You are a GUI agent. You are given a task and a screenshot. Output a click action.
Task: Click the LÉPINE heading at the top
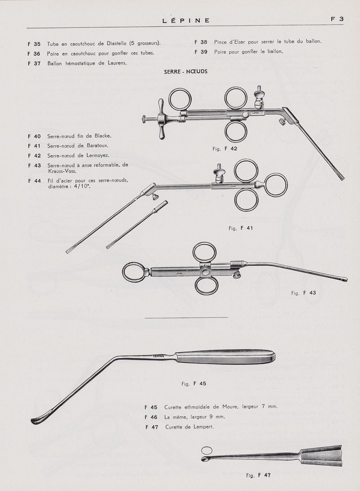click(x=186, y=21)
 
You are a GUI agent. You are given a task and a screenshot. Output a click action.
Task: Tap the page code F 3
click(x=337, y=19)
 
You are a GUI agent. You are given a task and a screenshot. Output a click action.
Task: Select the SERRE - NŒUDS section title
click(x=186, y=71)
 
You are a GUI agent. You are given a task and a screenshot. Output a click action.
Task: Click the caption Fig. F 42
click(x=225, y=149)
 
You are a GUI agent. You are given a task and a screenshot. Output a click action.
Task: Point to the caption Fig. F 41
click(x=241, y=228)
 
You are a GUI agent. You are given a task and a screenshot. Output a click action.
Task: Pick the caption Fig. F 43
click(x=304, y=293)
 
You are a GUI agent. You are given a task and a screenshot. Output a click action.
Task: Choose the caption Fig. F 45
click(x=193, y=384)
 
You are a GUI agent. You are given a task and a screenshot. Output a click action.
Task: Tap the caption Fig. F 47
click(x=258, y=475)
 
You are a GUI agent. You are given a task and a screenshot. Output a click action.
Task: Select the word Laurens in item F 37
click(x=117, y=63)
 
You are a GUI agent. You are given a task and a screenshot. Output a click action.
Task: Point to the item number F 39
click(x=201, y=52)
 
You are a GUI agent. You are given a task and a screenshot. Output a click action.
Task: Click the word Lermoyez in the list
click(x=98, y=155)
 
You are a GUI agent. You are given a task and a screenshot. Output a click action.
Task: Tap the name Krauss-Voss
click(x=63, y=171)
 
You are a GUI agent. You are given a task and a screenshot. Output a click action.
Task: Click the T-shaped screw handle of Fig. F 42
click(x=162, y=119)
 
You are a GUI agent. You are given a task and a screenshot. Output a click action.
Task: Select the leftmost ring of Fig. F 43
click(x=134, y=273)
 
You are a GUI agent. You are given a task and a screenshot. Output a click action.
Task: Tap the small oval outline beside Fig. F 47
click(x=207, y=450)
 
